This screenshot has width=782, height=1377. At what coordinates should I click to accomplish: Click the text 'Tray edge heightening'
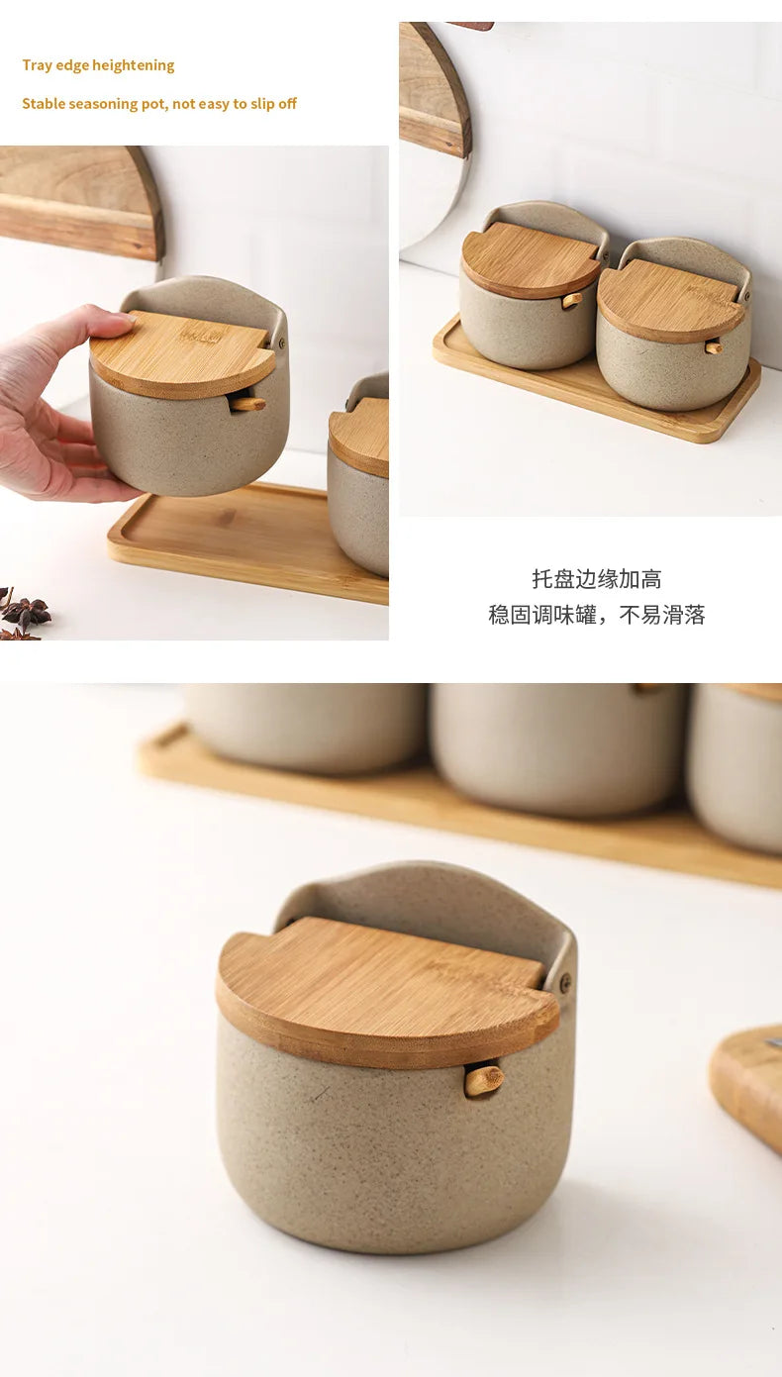[x=98, y=65]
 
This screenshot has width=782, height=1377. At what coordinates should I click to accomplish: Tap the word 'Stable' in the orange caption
[x=43, y=104]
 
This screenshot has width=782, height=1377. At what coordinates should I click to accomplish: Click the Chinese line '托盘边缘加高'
[x=596, y=579]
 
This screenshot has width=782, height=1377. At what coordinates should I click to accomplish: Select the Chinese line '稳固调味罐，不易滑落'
[x=596, y=615]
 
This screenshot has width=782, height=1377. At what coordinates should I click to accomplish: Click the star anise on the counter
[x=22, y=613]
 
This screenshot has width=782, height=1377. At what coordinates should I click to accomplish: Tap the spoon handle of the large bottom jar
[x=483, y=1079]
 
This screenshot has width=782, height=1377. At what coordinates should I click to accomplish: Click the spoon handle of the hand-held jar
[x=247, y=403]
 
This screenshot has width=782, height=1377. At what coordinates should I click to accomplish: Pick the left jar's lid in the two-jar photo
[x=530, y=259]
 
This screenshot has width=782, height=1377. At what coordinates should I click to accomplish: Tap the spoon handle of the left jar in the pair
[x=572, y=300]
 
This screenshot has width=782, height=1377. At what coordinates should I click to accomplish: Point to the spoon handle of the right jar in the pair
[x=713, y=346]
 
